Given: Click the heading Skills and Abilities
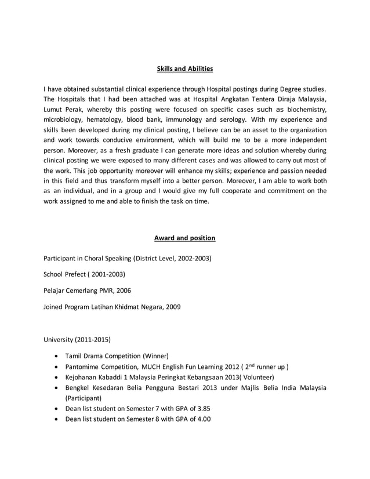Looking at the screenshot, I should point(185,69).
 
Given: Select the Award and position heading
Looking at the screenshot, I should point(184,238).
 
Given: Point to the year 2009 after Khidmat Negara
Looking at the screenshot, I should point(173,307).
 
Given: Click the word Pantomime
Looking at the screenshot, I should point(85,366).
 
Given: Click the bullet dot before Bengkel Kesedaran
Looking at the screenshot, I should point(55,388).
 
